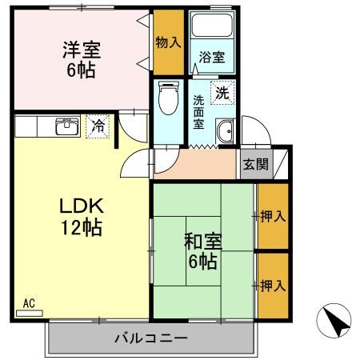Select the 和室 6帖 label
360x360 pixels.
pyautogui.click(x=202, y=250)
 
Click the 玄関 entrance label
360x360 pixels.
pyautogui.click(x=255, y=165)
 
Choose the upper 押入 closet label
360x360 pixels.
pyautogui.click(x=272, y=216)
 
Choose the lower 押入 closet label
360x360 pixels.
pyautogui.click(x=272, y=284)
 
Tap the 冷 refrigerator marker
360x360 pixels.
pyautogui.click(x=98, y=126)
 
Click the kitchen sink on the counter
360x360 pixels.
pyautogui.click(x=65, y=126)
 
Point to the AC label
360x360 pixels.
pyautogui.click(x=29, y=303)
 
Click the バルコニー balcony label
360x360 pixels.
pyautogui.click(x=150, y=338)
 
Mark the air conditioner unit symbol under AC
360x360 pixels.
pyautogui.click(x=29, y=313)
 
